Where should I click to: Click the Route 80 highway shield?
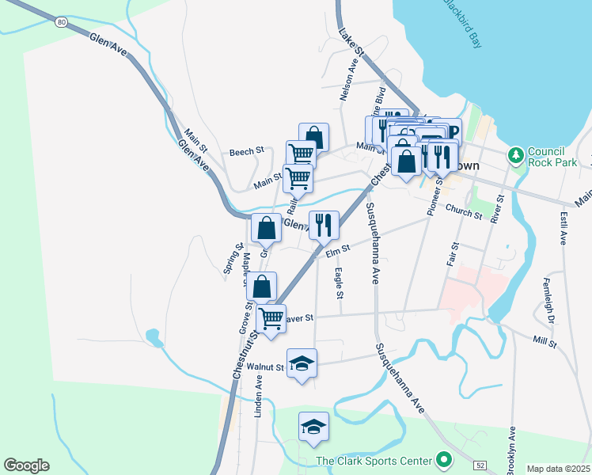tap(62, 22)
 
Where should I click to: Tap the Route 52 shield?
tap(481, 463)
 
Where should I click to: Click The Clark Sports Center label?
tap(374, 460)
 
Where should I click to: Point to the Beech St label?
tap(246, 151)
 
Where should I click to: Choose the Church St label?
tap(463, 211)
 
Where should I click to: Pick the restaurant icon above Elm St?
tap(324, 225)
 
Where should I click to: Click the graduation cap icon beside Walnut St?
tap(302, 363)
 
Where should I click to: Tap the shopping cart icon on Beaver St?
tap(271, 319)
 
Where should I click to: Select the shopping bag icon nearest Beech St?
tap(313, 136)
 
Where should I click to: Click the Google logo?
tap(26, 465)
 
